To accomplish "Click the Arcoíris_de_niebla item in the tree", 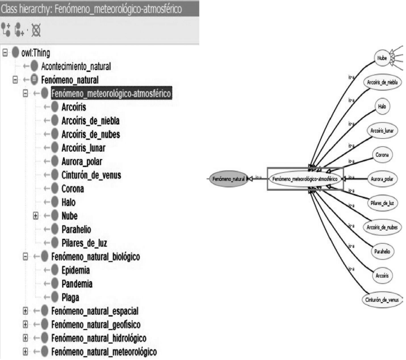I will pos(90,120).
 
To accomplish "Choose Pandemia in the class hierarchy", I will pos(80,283).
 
